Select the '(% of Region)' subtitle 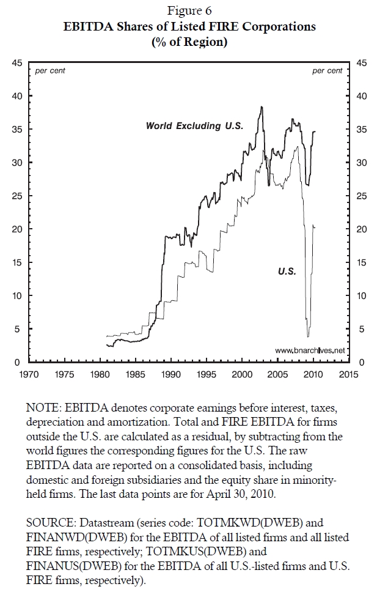coord(188,42)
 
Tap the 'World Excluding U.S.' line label coord(194,126)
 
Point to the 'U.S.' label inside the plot coord(287,272)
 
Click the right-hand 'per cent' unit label coord(327,71)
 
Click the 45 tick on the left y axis coord(18,62)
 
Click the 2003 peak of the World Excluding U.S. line coord(262,107)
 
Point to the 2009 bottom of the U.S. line coord(308,336)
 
